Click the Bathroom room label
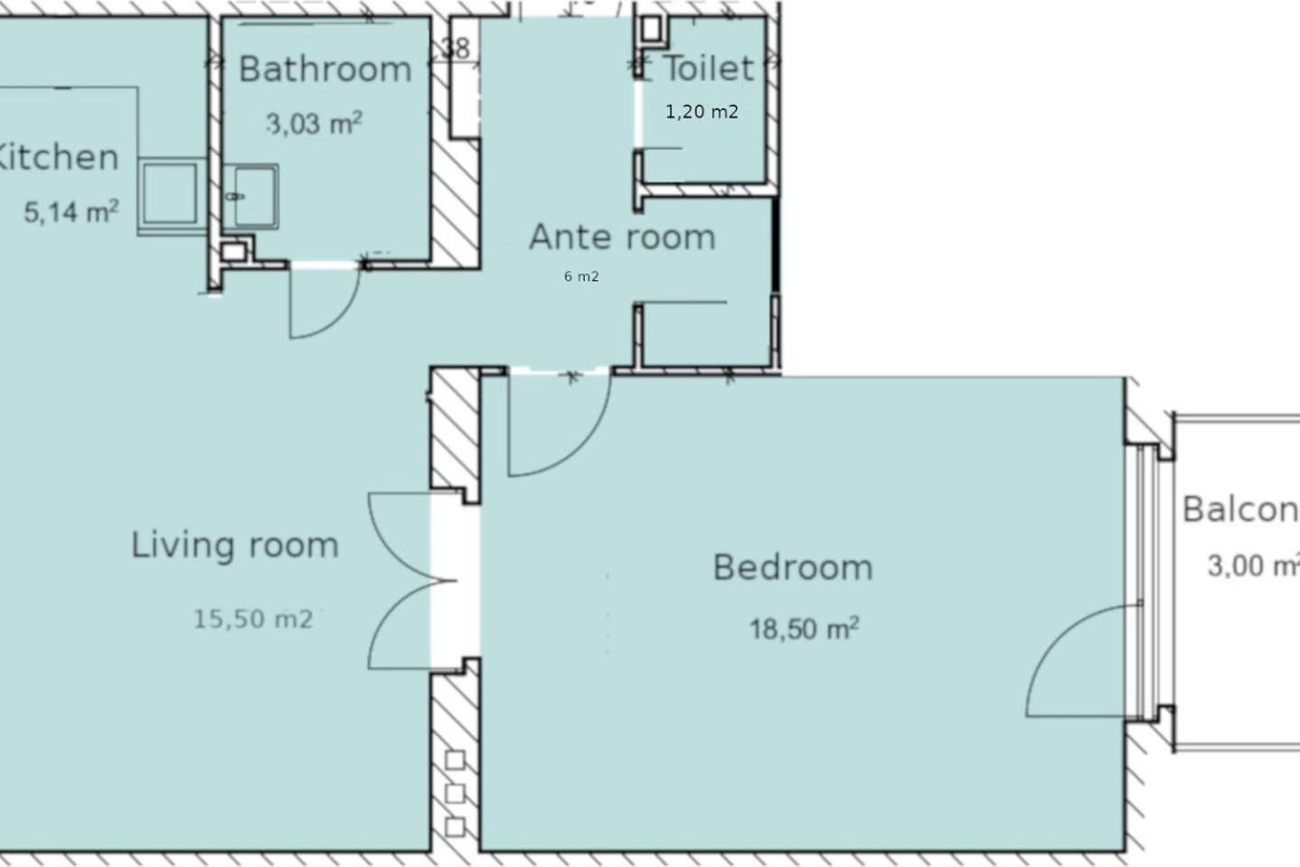pyautogui.click(x=325, y=70)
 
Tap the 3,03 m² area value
pyautogui.click(x=314, y=123)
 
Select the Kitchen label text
pyautogui.click(x=57, y=157)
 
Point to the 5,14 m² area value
pyautogui.click(x=71, y=211)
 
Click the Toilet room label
pyautogui.click(x=708, y=69)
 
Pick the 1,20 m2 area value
pyautogui.click(x=701, y=111)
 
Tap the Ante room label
pyautogui.click(x=622, y=237)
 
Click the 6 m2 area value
pyautogui.click(x=581, y=276)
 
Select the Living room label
pyautogui.click(x=235, y=545)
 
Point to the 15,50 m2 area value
pyautogui.click(x=253, y=619)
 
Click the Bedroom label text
pyautogui.click(x=793, y=567)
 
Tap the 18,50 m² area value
pyautogui.click(x=804, y=629)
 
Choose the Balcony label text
pyautogui.click(x=1240, y=509)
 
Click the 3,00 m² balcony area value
pyautogui.click(x=1254, y=565)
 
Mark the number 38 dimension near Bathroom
pyautogui.click(x=455, y=48)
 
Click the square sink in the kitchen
pyautogui.click(x=170, y=193)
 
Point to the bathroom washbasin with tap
pyautogui.click(x=251, y=196)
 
